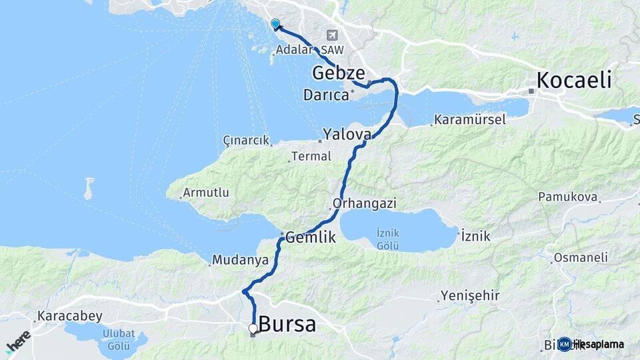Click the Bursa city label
click(287, 325)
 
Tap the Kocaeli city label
click(574, 81)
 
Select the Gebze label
click(339, 72)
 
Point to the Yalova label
click(347, 134)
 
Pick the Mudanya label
click(240, 259)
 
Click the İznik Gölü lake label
click(388, 239)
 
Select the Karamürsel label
click(469, 120)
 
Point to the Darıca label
click(326, 95)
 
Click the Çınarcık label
click(247, 141)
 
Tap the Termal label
click(313, 157)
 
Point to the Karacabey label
click(70, 315)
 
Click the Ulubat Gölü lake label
click(119, 339)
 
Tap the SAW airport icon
click(331, 35)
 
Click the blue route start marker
click(275, 24)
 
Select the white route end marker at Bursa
click(253, 328)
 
